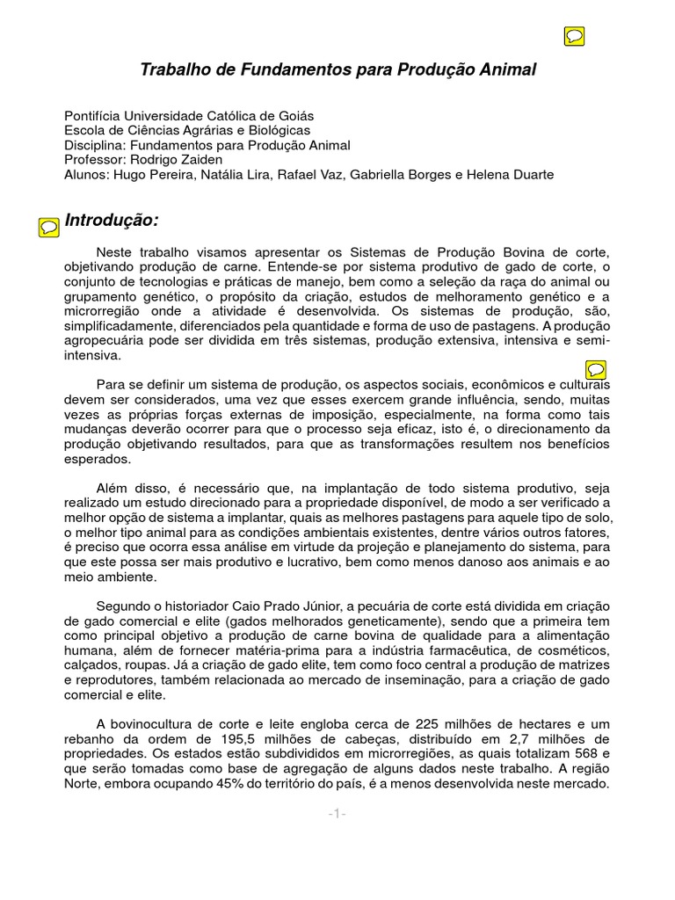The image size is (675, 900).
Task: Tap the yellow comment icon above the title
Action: [x=573, y=36]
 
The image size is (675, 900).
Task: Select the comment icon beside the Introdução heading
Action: [x=50, y=227]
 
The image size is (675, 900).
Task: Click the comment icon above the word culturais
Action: [x=595, y=368]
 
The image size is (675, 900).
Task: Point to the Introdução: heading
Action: [x=112, y=220]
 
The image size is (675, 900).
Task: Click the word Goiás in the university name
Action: [x=294, y=116]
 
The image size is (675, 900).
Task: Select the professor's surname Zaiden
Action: [x=201, y=160]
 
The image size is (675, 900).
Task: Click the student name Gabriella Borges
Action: [x=400, y=175]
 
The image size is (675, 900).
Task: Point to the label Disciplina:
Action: [x=95, y=145]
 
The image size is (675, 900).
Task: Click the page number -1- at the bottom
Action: [x=337, y=815]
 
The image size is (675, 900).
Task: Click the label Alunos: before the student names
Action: [x=86, y=175]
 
